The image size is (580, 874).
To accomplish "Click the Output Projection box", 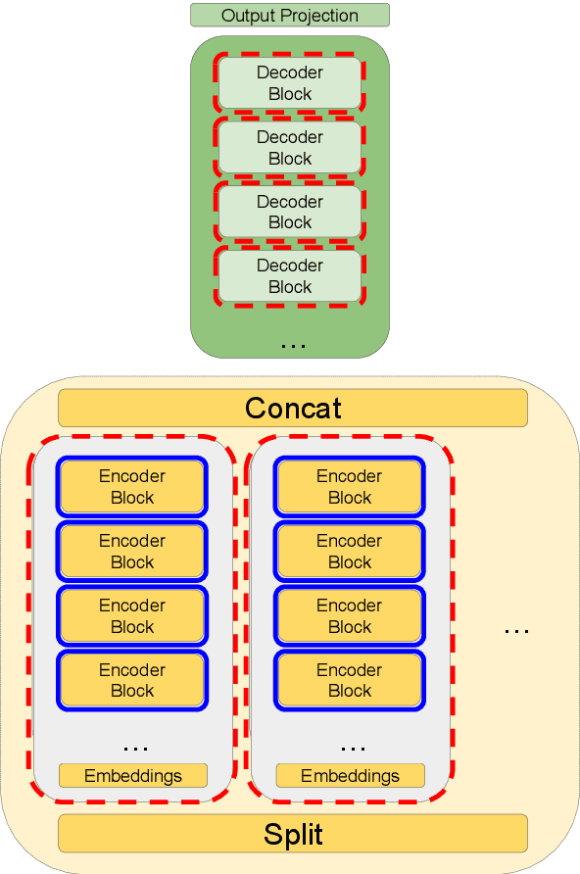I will pos(289,15).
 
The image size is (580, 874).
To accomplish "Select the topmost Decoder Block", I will pos(290,83).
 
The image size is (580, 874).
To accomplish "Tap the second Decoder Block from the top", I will pos(290,148).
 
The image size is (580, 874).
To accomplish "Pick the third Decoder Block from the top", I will pos(290,212).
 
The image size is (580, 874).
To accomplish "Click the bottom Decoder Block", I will pos(290,276).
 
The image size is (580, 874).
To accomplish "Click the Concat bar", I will pos(293,408).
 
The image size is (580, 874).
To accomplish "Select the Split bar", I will pos(293,834).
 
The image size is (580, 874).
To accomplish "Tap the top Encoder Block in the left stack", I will pos(132,487).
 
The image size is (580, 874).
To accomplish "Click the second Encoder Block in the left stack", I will pos(132,552).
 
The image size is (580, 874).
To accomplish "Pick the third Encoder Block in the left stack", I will pos(132,616).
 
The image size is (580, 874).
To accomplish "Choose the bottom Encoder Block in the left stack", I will pos(132,680).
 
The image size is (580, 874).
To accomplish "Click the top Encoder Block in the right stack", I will pos(350,487).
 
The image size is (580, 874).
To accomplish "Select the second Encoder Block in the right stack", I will pos(350,552).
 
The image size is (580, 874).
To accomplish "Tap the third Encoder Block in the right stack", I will pos(350,616).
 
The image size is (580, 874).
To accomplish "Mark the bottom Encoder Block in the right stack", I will pos(350,680).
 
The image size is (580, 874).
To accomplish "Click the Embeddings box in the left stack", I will pos(133,776).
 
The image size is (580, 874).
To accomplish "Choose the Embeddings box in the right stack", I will pos(350,776).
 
